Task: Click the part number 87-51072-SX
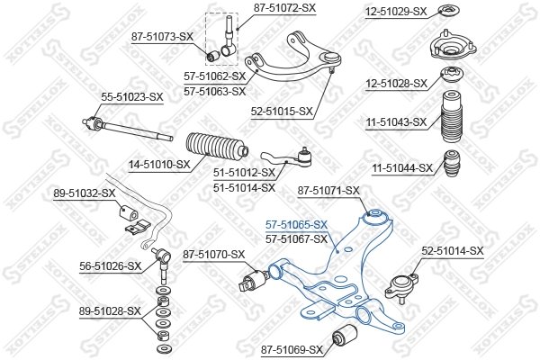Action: pyautogui.click(x=285, y=8)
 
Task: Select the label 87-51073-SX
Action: pyautogui.click(x=163, y=37)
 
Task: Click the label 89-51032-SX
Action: pyautogui.click(x=85, y=193)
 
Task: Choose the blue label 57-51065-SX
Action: pyautogui.click(x=296, y=225)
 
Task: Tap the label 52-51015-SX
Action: pyautogui.click(x=281, y=112)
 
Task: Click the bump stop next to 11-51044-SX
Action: pyautogui.click(x=453, y=166)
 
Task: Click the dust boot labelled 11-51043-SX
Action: pyautogui.click(x=449, y=119)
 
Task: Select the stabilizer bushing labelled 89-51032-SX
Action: pyautogui.click(x=128, y=217)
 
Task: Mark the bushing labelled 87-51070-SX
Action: pyautogui.click(x=252, y=281)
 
